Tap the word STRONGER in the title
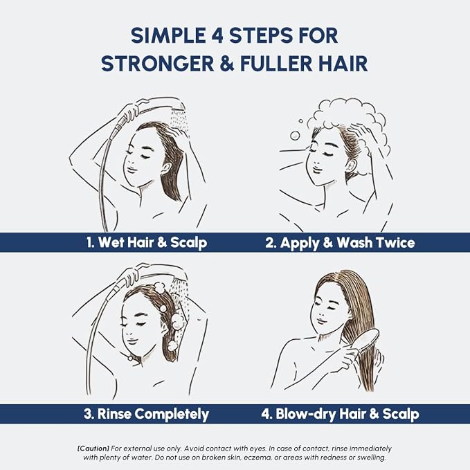point(158,63)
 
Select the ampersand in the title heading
point(227,63)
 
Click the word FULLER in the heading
point(276,63)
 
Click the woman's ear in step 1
point(166,170)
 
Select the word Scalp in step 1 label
point(188,243)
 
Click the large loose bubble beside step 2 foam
point(296,136)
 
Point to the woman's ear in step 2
point(351,165)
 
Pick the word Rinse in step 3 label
point(114,414)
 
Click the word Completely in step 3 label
point(172,415)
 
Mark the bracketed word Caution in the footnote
point(93,449)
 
